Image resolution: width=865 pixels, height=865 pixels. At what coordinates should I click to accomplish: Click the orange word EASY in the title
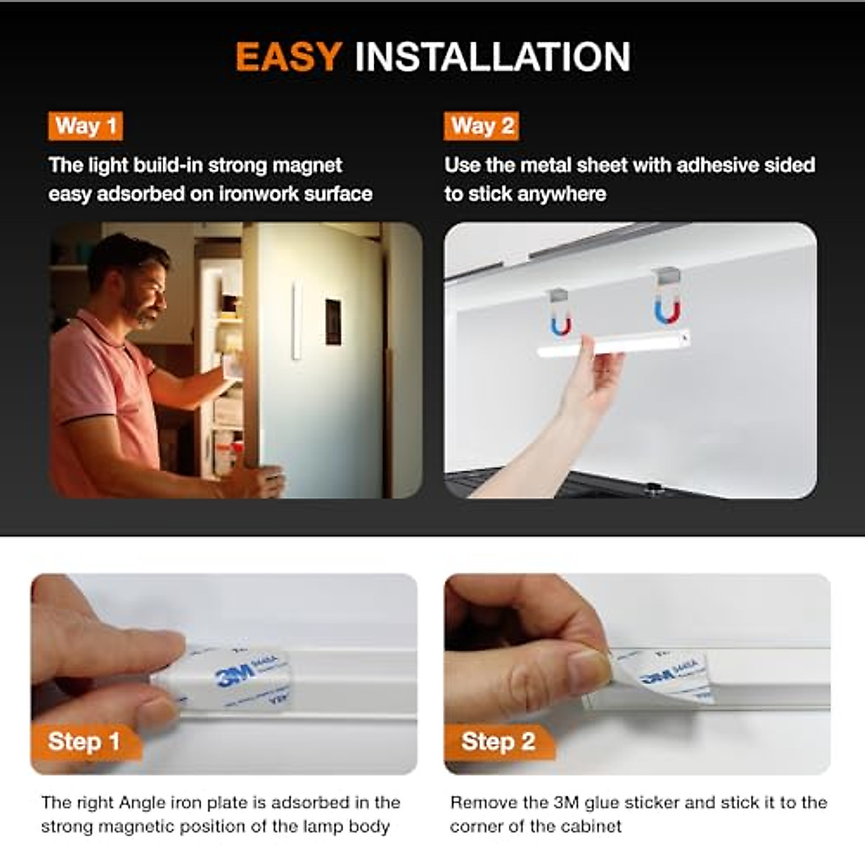pyautogui.click(x=288, y=57)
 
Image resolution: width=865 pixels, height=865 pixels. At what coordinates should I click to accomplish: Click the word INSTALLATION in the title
pyautogui.click(x=492, y=57)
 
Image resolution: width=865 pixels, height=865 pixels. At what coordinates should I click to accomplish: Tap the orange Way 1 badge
pyautogui.click(x=85, y=126)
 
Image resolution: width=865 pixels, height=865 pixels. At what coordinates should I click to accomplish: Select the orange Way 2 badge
pyautogui.click(x=482, y=126)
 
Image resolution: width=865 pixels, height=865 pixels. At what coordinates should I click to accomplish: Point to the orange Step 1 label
pyautogui.click(x=84, y=741)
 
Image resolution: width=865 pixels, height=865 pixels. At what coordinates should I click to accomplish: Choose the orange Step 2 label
pyautogui.click(x=498, y=741)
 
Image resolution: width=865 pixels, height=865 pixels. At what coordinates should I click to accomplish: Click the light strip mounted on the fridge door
pyautogui.click(x=296, y=321)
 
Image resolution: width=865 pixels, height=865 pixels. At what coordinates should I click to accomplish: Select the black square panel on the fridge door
pyautogui.click(x=333, y=321)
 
